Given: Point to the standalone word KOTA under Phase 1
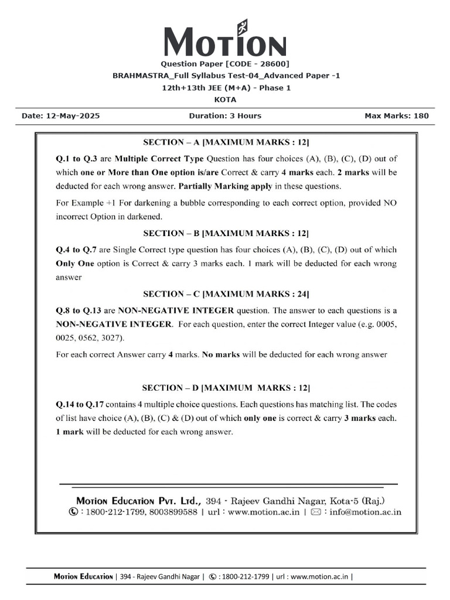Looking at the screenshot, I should coord(225,100).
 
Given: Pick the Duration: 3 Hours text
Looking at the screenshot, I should coord(225,116).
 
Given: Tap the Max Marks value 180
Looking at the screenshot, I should coord(421,116).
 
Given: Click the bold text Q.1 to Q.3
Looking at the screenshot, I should coord(80,158).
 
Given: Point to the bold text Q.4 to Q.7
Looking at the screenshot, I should coord(80,249).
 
